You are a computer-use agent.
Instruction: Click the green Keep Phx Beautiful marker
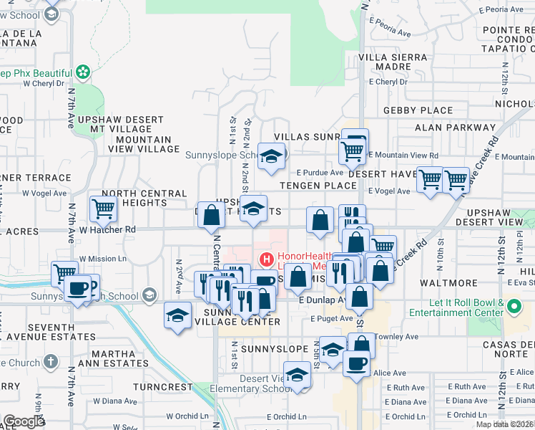(84, 72)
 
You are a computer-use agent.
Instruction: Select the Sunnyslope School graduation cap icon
(271, 157)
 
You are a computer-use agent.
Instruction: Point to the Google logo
(24, 421)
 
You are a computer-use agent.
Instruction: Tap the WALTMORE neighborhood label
(448, 283)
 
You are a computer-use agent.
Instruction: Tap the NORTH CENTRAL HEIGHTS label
(144, 198)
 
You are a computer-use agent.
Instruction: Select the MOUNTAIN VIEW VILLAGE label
(144, 144)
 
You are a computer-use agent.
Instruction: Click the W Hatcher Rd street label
(107, 229)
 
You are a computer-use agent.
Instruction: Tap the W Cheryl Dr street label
(45, 82)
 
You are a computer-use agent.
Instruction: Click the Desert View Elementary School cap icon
(298, 375)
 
